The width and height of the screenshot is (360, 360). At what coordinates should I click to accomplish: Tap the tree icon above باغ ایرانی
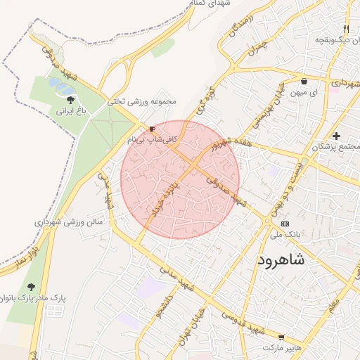pyautogui.click(x=70, y=100)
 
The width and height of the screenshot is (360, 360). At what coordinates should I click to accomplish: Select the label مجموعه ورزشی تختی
pyautogui.click(x=144, y=102)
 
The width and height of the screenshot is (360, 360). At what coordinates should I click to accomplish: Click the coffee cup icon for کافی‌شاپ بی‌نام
pyautogui.click(x=152, y=129)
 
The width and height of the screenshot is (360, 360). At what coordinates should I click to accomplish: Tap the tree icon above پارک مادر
pyautogui.click(x=31, y=287)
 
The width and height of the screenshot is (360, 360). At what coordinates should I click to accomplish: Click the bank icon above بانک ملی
pyautogui.click(x=285, y=223)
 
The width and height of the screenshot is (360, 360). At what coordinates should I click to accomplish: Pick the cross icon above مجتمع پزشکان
pyautogui.click(x=337, y=136)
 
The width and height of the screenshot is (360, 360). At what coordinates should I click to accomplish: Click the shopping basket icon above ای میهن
pyautogui.click(x=303, y=82)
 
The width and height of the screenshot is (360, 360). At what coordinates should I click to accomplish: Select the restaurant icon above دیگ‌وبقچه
pyautogui.click(x=346, y=29)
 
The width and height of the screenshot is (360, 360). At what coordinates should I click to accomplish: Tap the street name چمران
pyautogui.click(x=258, y=49)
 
